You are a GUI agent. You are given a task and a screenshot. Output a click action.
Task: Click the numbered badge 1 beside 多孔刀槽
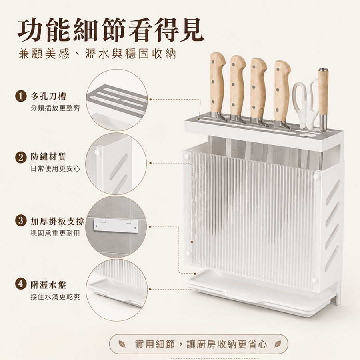21,96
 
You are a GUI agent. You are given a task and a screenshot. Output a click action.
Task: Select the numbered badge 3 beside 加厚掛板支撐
21,221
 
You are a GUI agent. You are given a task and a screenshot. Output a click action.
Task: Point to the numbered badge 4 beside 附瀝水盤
21,284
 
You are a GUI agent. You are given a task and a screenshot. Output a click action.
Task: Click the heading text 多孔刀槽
48,96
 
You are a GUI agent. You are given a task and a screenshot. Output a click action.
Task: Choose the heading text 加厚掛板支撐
57,221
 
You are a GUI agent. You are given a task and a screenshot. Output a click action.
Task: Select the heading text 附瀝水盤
48,285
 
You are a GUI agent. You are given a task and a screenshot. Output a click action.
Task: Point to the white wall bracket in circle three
116,225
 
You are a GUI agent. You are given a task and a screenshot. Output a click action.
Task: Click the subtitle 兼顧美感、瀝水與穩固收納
97,54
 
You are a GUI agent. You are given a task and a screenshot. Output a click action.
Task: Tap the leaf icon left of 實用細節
121,344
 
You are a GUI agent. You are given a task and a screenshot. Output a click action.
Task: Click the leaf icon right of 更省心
278,344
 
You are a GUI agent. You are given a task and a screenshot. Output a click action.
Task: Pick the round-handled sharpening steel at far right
323,99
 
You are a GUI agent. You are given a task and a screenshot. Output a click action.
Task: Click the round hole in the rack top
307,135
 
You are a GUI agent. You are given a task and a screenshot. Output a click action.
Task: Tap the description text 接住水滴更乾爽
55,297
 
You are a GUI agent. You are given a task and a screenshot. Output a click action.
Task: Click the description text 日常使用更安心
55,169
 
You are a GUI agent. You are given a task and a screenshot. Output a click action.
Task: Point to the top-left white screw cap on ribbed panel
186,156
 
